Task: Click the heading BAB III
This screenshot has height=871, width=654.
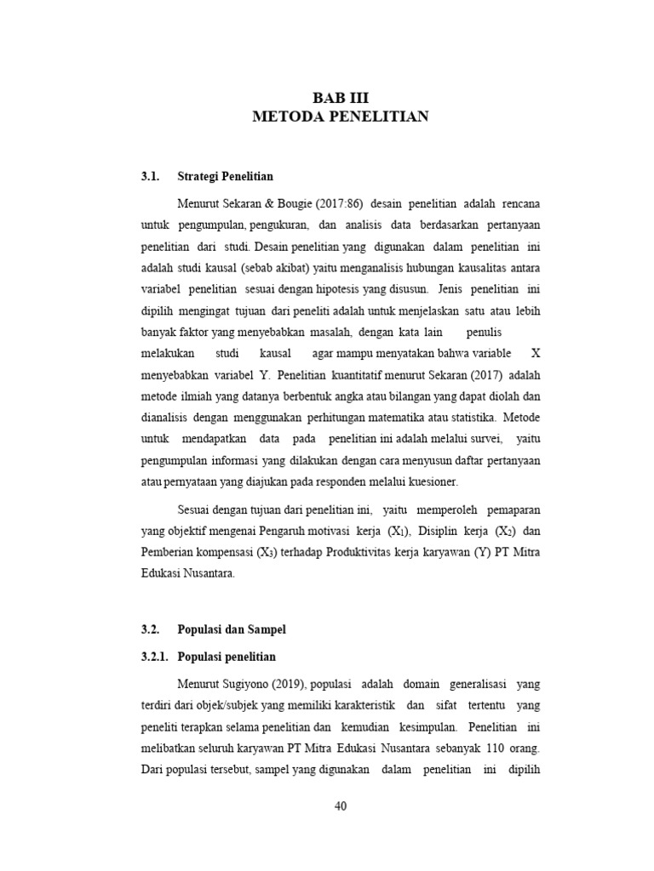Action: (x=341, y=98)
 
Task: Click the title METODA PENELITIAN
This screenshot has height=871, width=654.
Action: (x=341, y=117)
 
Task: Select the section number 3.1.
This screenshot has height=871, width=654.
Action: (x=151, y=177)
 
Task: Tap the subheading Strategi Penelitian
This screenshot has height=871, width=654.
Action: (x=225, y=177)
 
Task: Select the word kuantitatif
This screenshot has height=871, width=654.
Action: (x=383, y=375)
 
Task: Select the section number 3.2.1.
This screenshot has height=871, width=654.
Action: (x=155, y=657)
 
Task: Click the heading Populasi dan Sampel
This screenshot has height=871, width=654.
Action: (x=232, y=629)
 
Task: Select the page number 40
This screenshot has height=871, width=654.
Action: (x=341, y=806)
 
